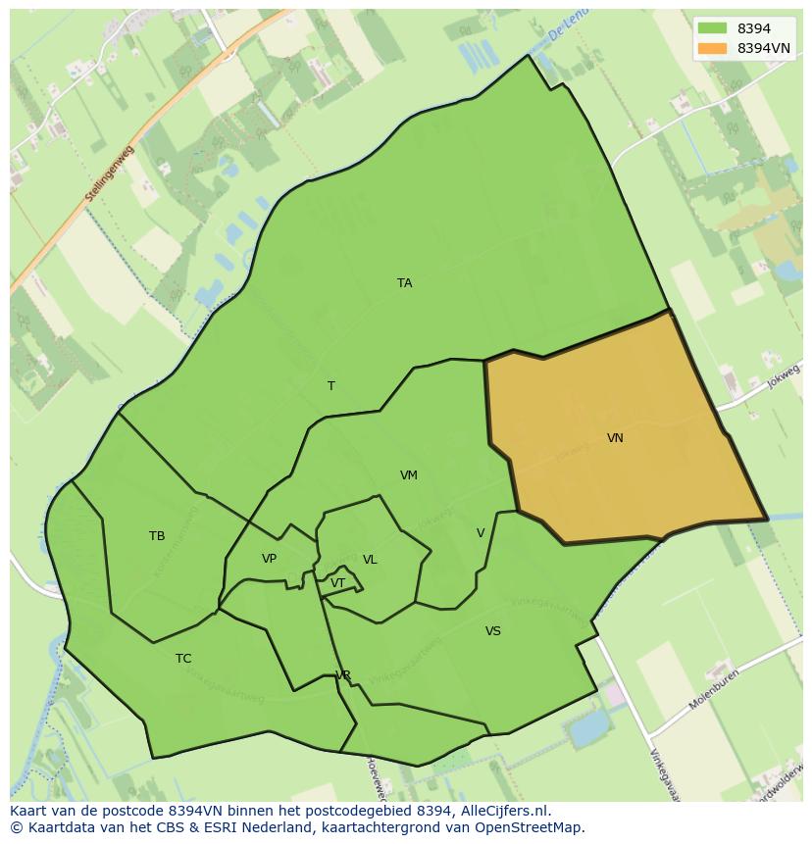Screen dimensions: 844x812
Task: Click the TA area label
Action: pyautogui.click(x=404, y=283)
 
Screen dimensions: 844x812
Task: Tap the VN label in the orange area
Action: pyautogui.click(x=615, y=438)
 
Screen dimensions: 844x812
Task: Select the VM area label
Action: pyautogui.click(x=409, y=475)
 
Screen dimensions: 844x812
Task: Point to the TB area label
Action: pyautogui.click(x=157, y=536)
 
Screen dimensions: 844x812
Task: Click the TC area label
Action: pyautogui.click(x=183, y=659)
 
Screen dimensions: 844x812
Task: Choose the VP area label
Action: pyautogui.click(x=269, y=559)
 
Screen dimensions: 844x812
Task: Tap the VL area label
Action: pyautogui.click(x=370, y=560)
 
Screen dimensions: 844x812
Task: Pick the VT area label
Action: pyautogui.click(x=337, y=583)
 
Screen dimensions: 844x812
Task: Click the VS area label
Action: pyautogui.click(x=492, y=631)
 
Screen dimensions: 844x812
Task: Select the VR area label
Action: pyautogui.click(x=343, y=675)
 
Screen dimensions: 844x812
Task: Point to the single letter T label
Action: pyautogui.click(x=331, y=386)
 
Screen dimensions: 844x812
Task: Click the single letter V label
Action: pyautogui.click(x=481, y=533)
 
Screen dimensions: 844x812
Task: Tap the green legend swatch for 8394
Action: pyautogui.click(x=713, y=28)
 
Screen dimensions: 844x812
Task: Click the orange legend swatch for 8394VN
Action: pyautogui.click(x=713, y=47)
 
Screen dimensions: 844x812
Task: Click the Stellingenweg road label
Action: pyautogui.click(x=110, y=174)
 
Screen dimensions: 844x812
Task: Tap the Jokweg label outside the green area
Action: pyautogui.click(x=785, y=373)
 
